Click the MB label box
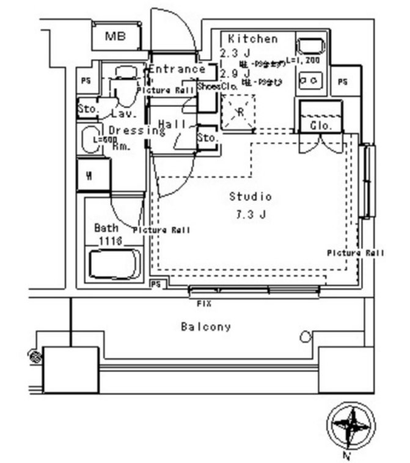[x=114, y=37]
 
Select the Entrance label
[x=177, y=69]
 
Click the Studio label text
[x=250, y=196]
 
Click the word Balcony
[x=206, y=327]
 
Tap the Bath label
[x=103, y=227]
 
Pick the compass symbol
[x=350, y=425]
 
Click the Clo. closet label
[x=320, y=126]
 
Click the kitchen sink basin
[x=309, y=47]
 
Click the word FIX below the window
[x=205, y=302]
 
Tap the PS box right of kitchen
[x=343, y=81]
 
